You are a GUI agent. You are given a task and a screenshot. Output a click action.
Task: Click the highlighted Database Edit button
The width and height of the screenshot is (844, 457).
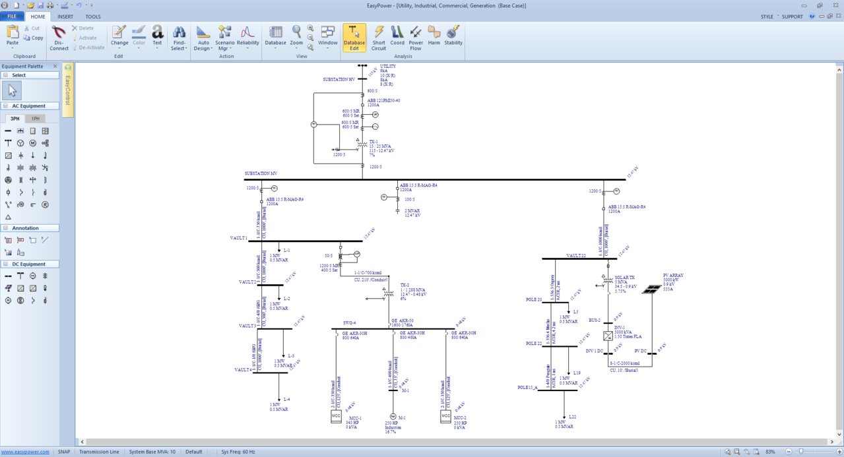coord(354,37)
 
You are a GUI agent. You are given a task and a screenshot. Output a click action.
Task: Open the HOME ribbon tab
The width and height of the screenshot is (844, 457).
coord(38,16)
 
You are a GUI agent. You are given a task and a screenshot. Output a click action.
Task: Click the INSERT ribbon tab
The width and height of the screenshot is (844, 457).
coord(65,16)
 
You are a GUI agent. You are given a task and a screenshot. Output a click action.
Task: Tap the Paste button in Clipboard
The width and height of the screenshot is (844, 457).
coord(13,36)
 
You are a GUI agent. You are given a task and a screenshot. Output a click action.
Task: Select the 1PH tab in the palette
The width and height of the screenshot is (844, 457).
coord(36,119)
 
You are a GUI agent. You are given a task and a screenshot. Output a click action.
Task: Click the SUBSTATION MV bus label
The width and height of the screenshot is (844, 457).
coord(261,173)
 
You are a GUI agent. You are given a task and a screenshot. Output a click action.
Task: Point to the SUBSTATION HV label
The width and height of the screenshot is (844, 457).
coord(339,80)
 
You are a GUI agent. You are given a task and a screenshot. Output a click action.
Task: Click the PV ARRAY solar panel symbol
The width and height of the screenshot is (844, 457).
coord(651,289)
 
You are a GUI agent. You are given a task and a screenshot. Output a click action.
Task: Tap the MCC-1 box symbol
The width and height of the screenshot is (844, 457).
coord(336,416)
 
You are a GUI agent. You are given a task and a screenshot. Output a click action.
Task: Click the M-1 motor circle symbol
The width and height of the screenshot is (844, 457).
coord(393,417)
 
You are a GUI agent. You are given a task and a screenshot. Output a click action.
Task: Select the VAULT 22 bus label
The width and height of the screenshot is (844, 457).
coord(576,256)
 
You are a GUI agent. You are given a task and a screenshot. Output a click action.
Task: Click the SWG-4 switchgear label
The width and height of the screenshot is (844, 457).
coord(349,323)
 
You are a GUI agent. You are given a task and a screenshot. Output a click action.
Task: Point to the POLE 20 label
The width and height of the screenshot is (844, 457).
coord(533,300)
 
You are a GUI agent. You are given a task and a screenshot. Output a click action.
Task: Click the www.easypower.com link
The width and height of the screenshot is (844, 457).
coord(25,452)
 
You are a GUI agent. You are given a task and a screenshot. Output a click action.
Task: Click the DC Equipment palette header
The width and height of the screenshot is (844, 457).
coord(29,264)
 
